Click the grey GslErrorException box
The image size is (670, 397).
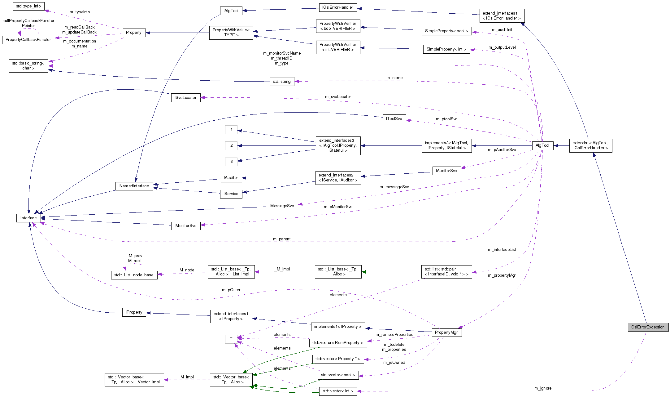click(648, 327)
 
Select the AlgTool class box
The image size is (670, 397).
click(542, 145)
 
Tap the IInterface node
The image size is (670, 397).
click(28, 218)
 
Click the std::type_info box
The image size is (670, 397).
click(28, 6)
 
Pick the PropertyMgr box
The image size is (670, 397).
click(446, 332)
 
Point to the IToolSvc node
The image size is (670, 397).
click(394, 118)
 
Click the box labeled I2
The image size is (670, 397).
click(231, 145)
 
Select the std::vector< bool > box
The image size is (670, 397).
click(338, 375)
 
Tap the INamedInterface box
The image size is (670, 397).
click(134, 186)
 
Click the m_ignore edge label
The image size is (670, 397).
click(543, 388)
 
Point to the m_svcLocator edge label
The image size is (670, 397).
click(338, 96)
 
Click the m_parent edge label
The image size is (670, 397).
click(282, 239)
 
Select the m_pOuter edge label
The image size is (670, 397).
click(231, 290)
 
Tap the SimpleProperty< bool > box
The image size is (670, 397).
click(446, 31)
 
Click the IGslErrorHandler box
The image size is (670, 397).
click(337, 7)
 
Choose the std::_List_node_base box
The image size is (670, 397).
click(134, 275)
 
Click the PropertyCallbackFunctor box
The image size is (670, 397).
click(28, 39)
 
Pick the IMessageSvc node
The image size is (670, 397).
click(281, 206)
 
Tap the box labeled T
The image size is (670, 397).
click(231, 339)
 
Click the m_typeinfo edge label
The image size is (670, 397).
click(80, 12)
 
